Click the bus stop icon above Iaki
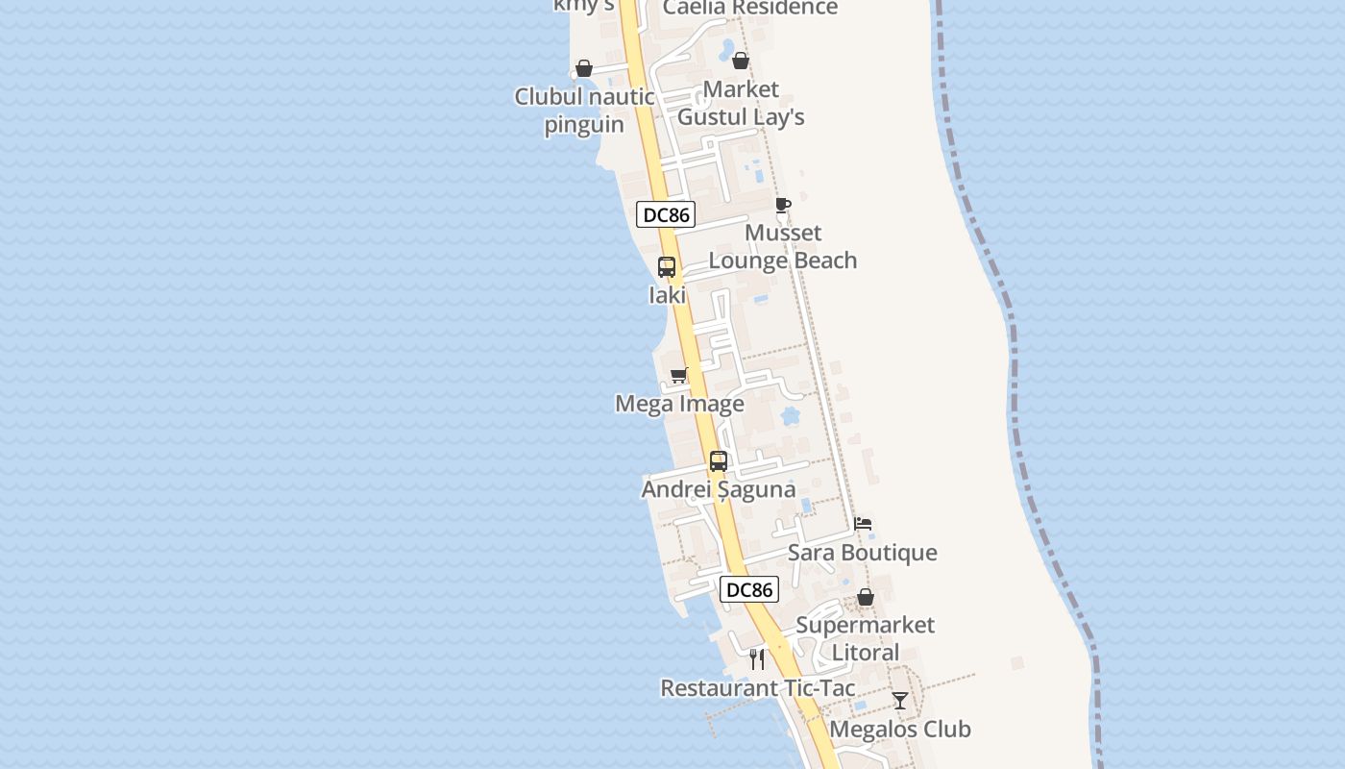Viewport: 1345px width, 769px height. pyautogui.click(x=667, y=267)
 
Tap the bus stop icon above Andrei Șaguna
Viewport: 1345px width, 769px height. pyautogui.click(x=719, y=461)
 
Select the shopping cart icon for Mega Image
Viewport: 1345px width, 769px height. pyautogui.click(x=679, y=375)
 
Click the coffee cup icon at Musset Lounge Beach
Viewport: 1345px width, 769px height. pyautogui.click(x=783, y=205)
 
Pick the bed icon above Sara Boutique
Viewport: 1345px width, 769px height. pyautogui.click(x=863, y=524)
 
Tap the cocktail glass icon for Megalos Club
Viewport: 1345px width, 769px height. pyautogui.click(x=899, y=701)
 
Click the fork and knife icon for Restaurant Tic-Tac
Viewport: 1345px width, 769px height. pyautogui.click(x=757, y=659)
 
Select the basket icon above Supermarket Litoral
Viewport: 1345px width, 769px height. pyautogui.click(x=866, y=597)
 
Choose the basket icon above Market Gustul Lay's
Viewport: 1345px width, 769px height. pyautogui.click(x=741, y=62)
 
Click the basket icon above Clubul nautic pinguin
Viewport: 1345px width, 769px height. pyautogui.click(x=584, y=68)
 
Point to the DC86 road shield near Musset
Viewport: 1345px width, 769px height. pyautogui.click(x=666, y=214)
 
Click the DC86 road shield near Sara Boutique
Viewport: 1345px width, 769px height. pyautogui.click(x=749, y=589)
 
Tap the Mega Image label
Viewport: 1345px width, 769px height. pyautogui.click(x=679, y=404)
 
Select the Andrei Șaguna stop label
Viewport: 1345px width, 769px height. pyautogui.click(x=719, y=489)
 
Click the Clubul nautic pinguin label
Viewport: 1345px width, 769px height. pyautogui.click(x=584, y=111)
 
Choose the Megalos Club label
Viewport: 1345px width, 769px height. pyautogui.click(x=900, y=729)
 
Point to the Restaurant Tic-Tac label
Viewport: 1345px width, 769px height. pyautogui.click(x=757, y=688)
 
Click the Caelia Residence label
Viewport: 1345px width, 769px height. pyautogui.click(x=750, y=9)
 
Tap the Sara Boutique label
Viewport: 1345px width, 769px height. pyautogui.click(x=863, y=553)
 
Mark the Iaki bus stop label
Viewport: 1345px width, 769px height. pyautogui.click(x=667, y=295)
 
